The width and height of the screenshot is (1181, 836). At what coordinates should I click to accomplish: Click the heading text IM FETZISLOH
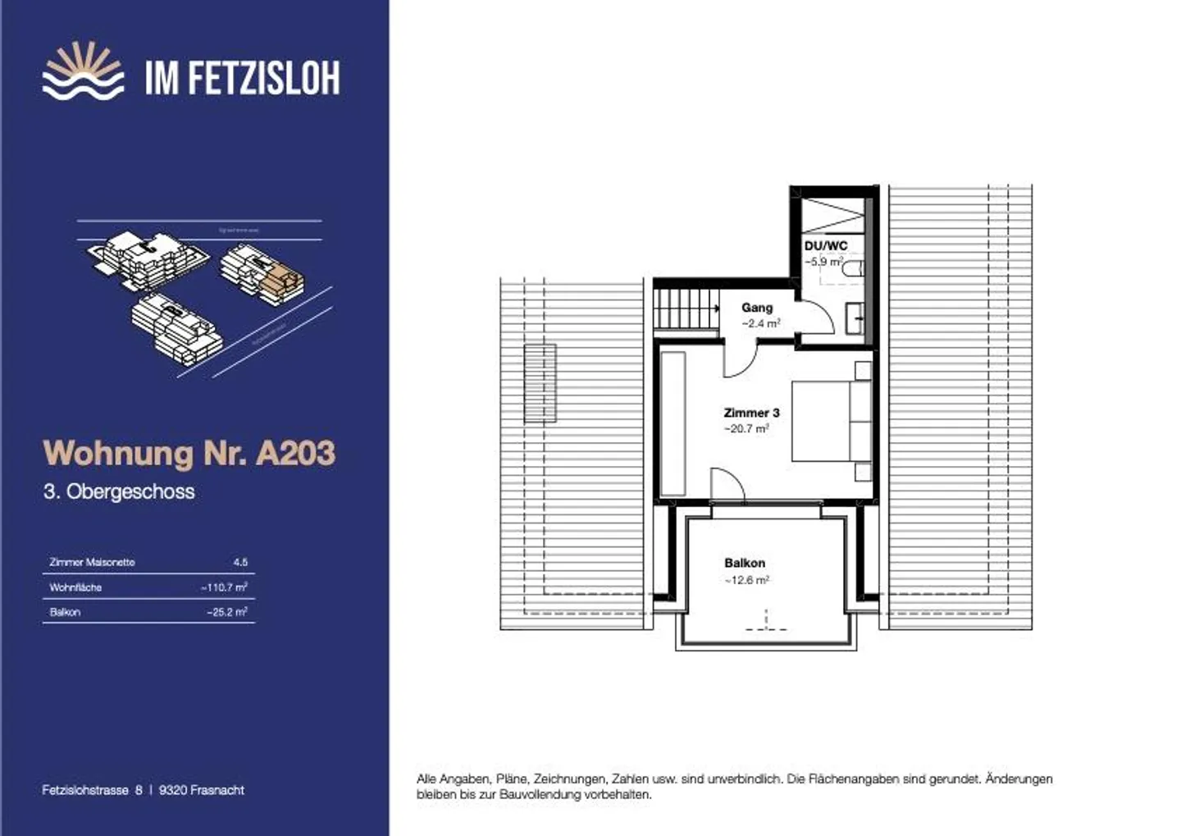(x=242, y=78)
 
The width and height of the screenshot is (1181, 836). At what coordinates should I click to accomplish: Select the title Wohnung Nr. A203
(x=189, y=453)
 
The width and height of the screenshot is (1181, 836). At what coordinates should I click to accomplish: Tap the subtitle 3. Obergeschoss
(x=119, y=492)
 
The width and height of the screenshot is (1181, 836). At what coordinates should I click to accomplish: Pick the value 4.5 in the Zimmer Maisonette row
(x=240, y=563)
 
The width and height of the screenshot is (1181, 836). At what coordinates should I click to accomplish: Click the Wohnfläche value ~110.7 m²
(x=224, y=587)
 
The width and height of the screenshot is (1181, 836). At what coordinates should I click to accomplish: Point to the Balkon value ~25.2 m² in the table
(x=227, y=612)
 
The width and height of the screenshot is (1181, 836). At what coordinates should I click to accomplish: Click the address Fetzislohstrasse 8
(x=92, y=790)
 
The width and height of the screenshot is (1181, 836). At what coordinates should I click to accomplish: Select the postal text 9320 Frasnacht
(x=202, y=790)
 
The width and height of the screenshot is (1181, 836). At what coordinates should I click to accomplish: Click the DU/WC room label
(x=825, y=246)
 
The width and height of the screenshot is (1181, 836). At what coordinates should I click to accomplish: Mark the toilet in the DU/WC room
(x=853, y=267)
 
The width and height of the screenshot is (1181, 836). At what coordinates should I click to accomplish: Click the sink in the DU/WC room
(x=855, y=317)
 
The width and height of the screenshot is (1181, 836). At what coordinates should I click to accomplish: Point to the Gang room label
(x=757, y=308)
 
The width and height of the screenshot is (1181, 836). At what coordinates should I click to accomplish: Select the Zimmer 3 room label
(x=751, y=413)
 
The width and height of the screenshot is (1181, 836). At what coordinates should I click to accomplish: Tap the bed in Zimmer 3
(x=830, y=420)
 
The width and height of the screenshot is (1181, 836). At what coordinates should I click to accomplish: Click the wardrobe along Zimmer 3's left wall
(x=673, y=423)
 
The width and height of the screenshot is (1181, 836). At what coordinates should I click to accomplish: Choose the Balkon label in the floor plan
(x=745, y=563)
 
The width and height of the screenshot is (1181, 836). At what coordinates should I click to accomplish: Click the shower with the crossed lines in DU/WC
(x=832, y=214)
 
